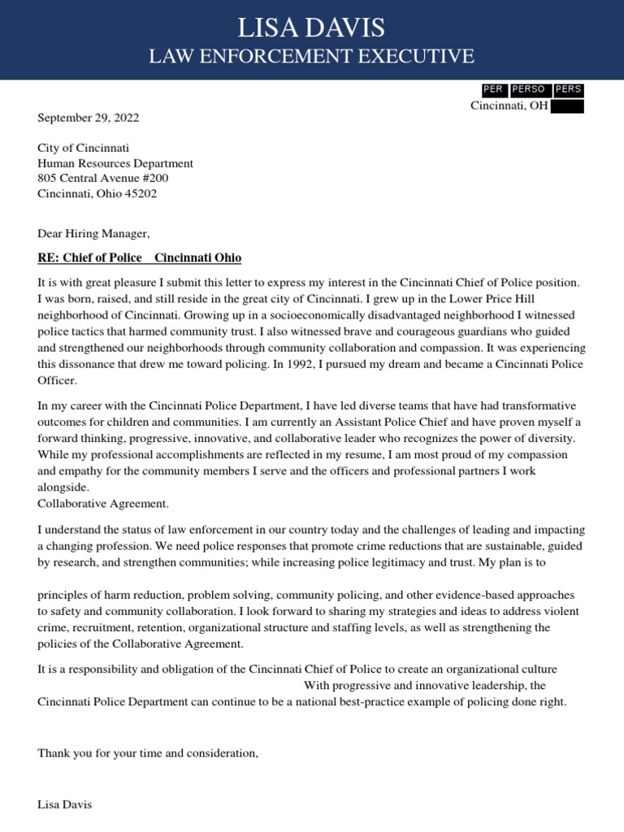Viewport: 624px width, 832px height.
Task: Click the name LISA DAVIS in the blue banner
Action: (311, 28)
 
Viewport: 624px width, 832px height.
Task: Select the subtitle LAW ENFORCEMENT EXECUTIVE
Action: (311, 56)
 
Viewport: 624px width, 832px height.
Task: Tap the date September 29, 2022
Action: (89, 118)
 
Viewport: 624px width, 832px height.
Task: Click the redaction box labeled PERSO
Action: (528, 89)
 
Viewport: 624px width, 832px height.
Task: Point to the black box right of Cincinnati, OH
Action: (566, 106)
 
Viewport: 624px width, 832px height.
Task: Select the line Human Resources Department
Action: (115, 163)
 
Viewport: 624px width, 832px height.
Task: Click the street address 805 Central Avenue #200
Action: (103, 179)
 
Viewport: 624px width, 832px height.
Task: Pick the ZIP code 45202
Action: (141, 194)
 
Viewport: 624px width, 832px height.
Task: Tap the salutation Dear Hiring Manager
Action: (93, 234)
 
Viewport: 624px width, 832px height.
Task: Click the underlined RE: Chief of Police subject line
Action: (139, 258)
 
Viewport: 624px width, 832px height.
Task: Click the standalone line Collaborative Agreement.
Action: (103, 504)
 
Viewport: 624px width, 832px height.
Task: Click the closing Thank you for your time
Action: (147, 753)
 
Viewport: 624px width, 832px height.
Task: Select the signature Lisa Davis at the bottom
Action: (65, 804)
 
